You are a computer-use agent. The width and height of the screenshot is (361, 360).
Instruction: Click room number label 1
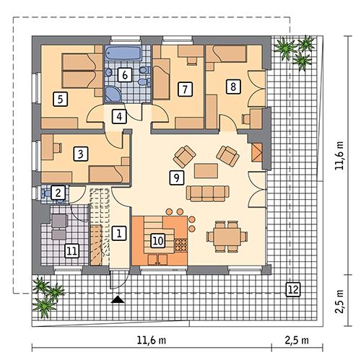click(x=119, y=232)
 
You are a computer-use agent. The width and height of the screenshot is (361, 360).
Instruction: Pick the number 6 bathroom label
click(x=123, y=74)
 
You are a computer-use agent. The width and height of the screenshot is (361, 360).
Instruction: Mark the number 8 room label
click(x=232, y=86)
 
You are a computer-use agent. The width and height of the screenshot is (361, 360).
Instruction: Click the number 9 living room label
click(x=175, y=177)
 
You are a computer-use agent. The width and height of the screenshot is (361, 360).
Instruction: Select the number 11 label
click(x=71, y=251)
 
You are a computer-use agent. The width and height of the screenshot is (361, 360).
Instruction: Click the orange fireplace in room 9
click(x=257, y=151)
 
